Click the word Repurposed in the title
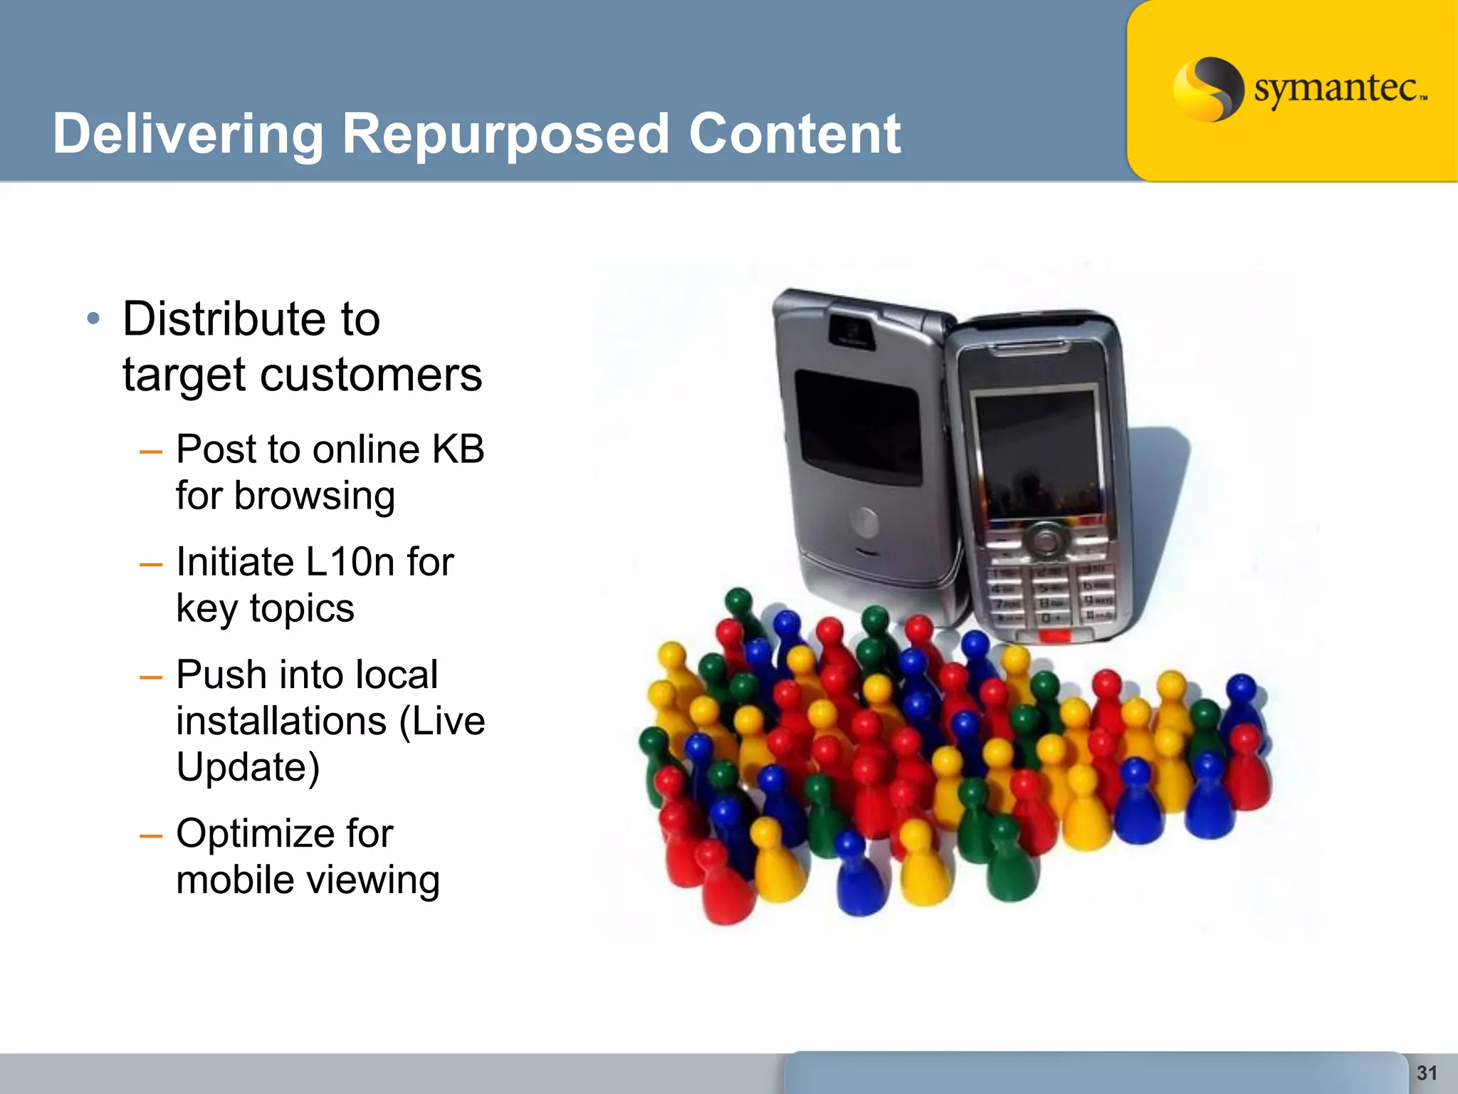tap(505, 135)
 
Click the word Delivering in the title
tap(188, 135)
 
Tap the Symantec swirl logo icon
tap(1208, 89)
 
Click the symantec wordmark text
tap(1338, 90)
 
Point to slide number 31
tap(1427, 1073)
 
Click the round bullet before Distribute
tap(93, 318)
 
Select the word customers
tap(371, 375)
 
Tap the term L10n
tap(349, 562)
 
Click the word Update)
tap(248, 767)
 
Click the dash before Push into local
tap(151, 677)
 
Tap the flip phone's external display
tap(858, 427)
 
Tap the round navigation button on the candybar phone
tap(1045, 541)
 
